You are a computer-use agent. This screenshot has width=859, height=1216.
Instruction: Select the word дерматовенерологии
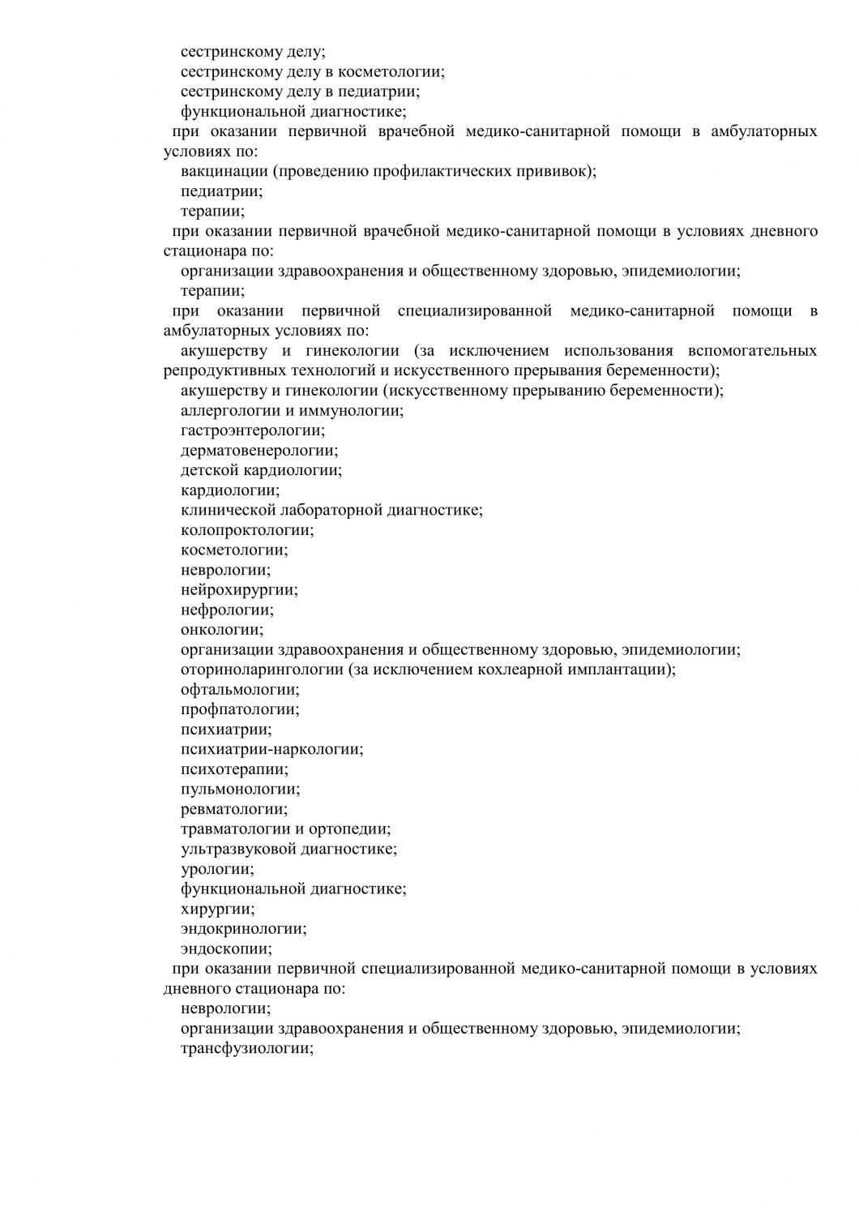tap(259, 451)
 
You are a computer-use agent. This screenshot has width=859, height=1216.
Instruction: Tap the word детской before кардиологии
tap(208, 470)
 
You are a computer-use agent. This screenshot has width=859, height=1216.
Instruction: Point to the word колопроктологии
tap(246, 530)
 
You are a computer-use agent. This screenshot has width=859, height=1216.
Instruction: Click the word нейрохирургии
tap(238, 590)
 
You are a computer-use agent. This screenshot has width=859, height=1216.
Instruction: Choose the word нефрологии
tap(226, 610)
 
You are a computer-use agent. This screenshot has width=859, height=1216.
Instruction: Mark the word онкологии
tap(220, 630)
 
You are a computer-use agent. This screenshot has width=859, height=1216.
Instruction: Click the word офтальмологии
tap(239, 690)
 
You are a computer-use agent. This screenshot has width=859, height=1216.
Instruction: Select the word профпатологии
tap(239, 709)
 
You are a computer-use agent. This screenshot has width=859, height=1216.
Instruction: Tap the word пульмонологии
tap(239, 789)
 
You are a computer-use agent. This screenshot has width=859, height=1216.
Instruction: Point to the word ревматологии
tap(233, 809)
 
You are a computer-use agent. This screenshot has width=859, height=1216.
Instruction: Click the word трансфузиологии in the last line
tap(246, 1048)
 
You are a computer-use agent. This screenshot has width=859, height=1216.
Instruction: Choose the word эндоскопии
tap(225, 948)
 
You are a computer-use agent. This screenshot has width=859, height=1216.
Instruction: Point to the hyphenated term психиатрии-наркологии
tap(271, 749)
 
